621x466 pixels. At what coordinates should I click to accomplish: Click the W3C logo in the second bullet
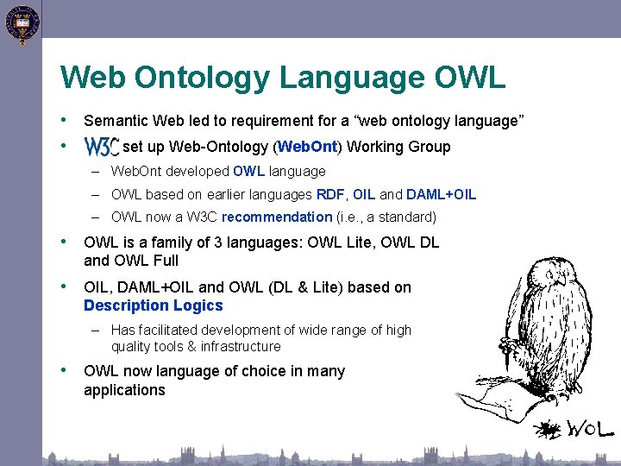101,147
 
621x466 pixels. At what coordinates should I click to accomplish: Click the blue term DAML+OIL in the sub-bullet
441,195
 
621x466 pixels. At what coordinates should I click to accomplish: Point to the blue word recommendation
276,217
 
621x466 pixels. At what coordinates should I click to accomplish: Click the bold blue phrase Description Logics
153,305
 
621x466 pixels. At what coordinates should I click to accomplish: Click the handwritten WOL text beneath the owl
590,428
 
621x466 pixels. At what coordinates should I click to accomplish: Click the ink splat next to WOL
549,429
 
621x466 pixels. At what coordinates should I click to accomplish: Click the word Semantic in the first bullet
116,122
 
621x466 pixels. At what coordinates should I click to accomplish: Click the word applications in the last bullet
124,390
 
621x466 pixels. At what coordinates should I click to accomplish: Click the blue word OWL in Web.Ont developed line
248,172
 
